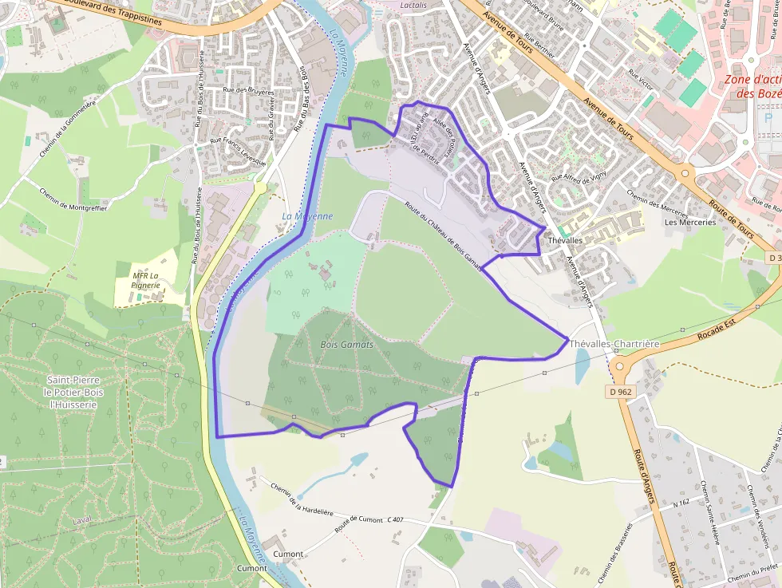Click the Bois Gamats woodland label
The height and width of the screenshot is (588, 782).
(x=346, y=344)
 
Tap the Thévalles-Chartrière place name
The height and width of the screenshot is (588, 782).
(x=614, y=343)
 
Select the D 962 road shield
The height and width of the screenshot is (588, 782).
(x=618, y=392)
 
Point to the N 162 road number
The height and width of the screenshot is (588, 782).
(x=680, y=503)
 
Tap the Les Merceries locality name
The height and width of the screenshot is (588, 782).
(x=690, y=222)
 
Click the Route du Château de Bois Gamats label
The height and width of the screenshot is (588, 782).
(x=444, y=234)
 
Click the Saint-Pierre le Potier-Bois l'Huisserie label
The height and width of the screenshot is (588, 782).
(x=72, y=392)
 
